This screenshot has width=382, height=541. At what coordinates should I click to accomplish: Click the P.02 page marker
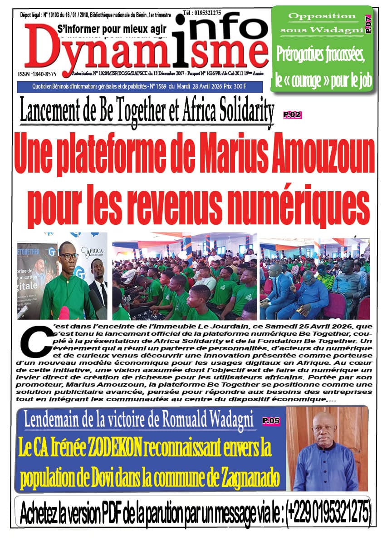(292, 115)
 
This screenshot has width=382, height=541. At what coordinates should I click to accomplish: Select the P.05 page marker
(271, 421)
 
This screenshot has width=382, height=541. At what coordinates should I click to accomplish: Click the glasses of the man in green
(69, 256)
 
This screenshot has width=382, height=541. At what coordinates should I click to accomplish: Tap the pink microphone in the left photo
(64, 313)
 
